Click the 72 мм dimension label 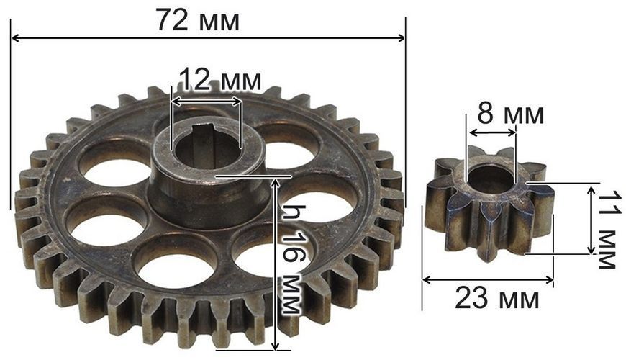click(199, 20)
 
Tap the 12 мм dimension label click(220, 79)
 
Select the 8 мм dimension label click(511, 114)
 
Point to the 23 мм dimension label click(497, 299)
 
